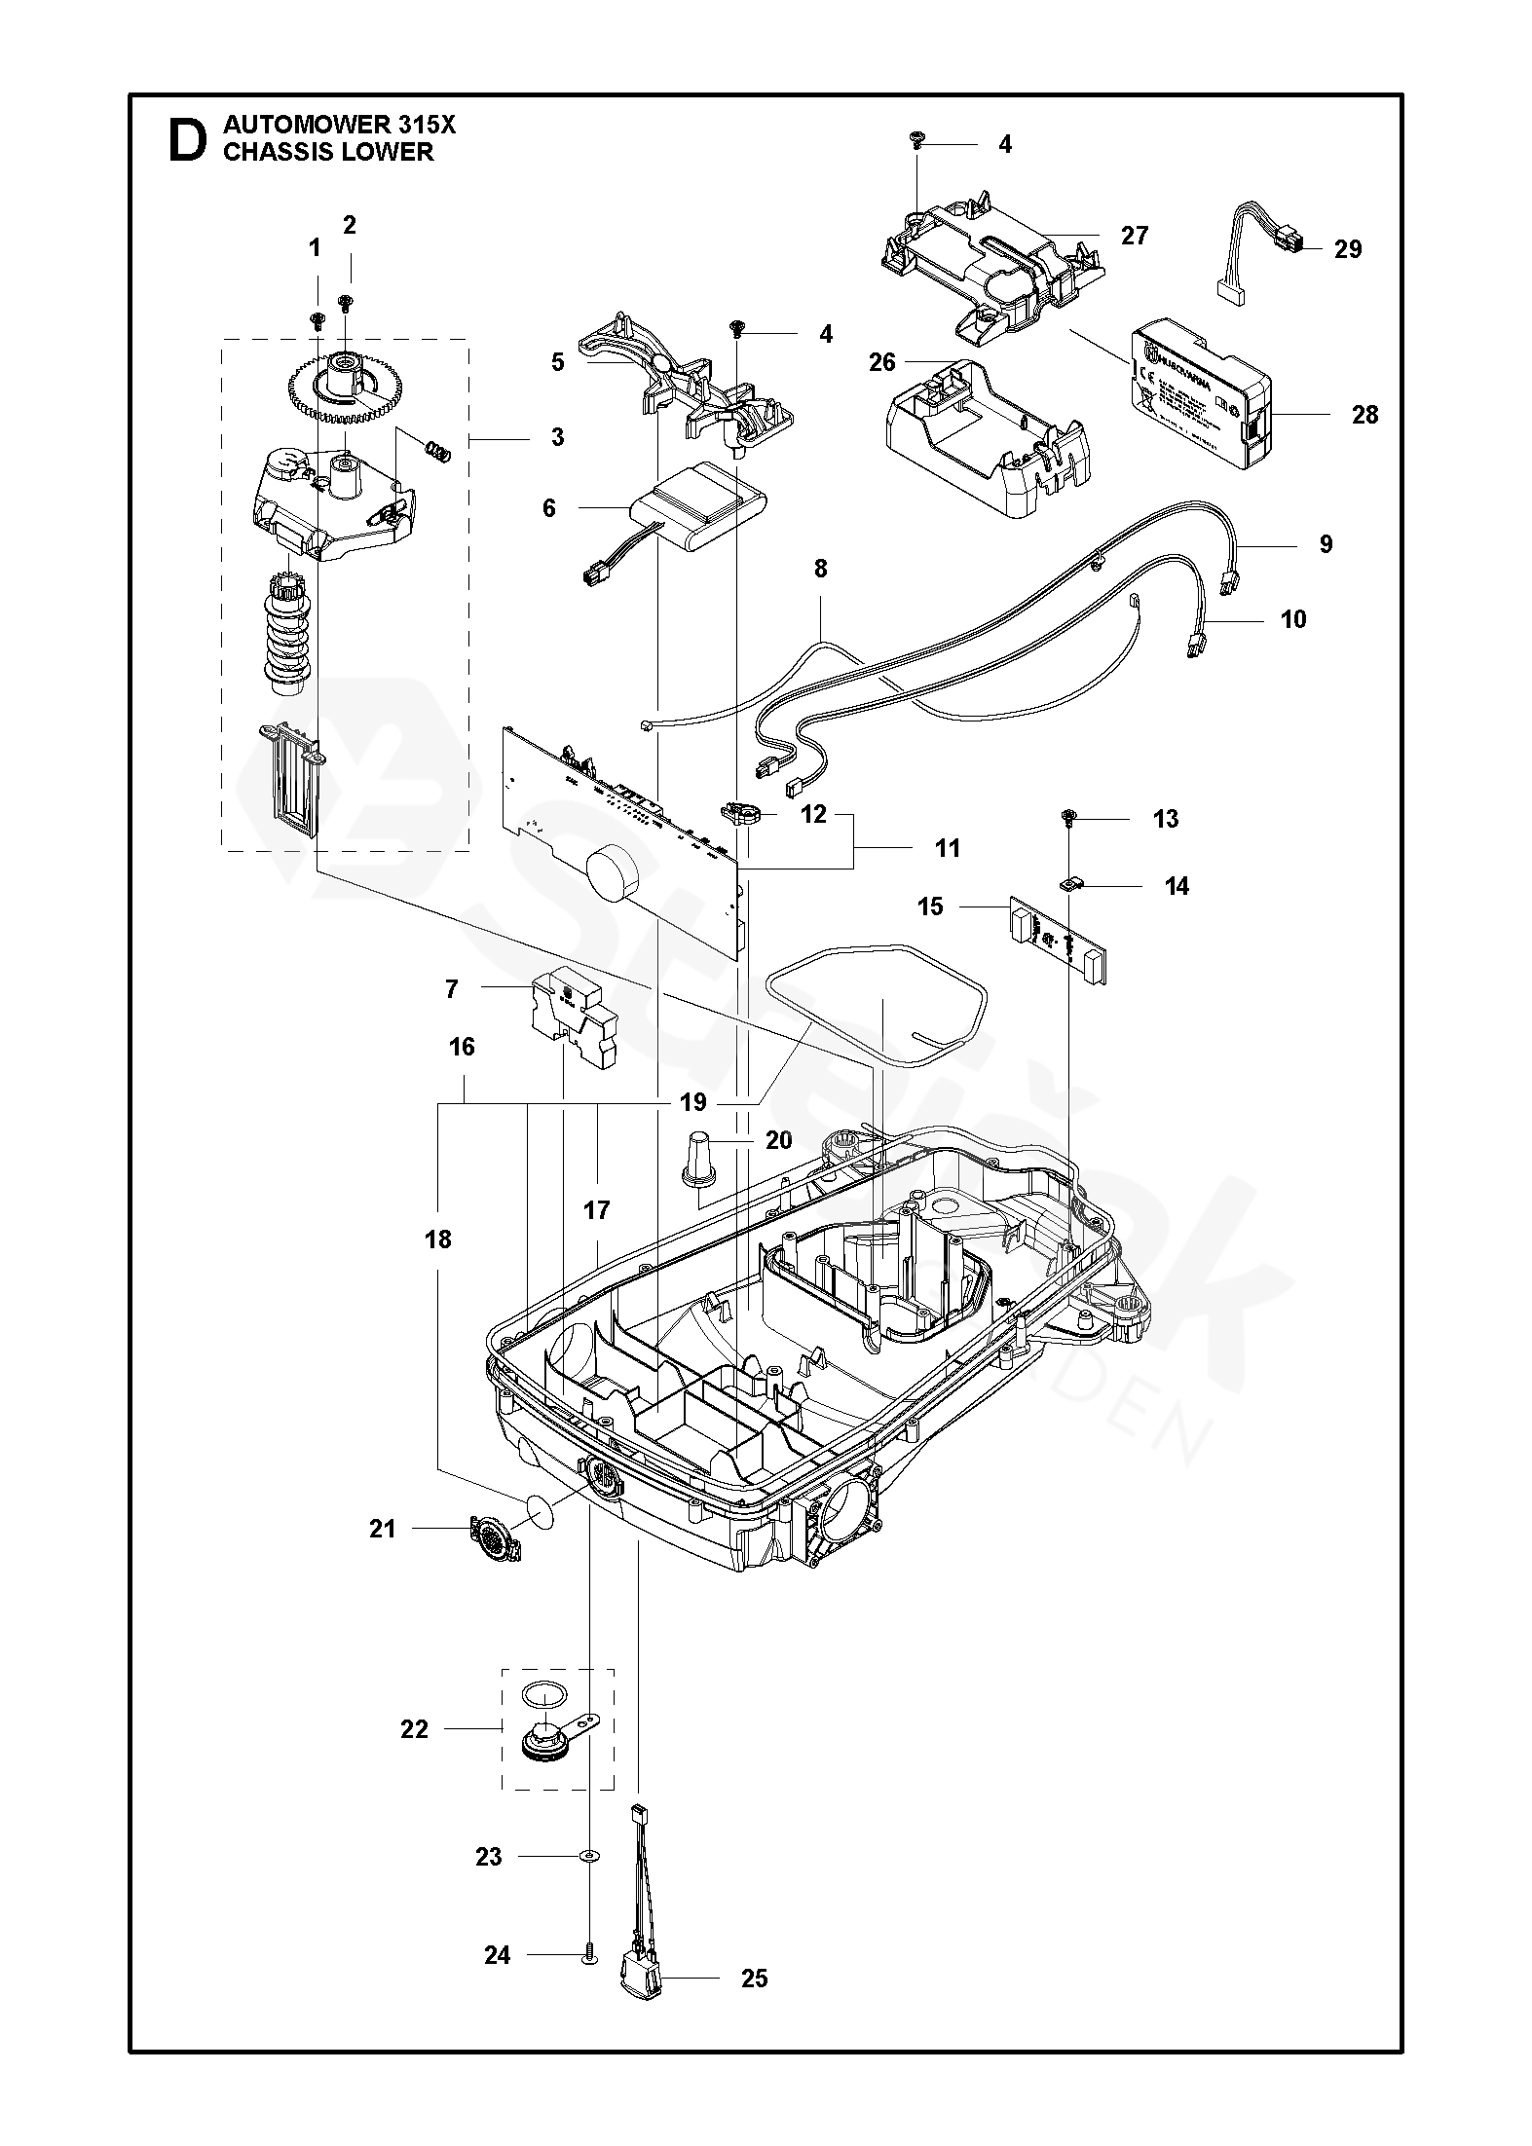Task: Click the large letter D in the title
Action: coord(188,140)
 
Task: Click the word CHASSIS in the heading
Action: coord(277,152)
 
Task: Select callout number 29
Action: coord(1348,249)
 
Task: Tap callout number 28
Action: coord(1365,414)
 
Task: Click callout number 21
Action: coord(383,1529)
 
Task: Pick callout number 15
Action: coord(930,906)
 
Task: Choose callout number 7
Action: coord(451,989)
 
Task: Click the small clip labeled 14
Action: coord(1070,884)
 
